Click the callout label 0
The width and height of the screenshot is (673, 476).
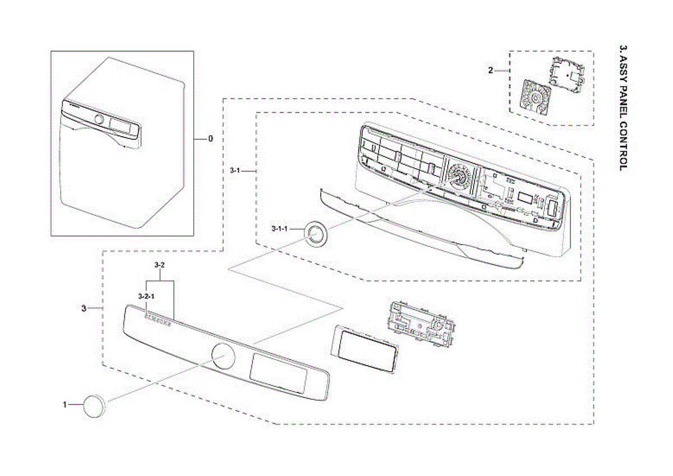(x=210, y=138)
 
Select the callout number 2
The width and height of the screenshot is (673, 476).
(x=490, y=71)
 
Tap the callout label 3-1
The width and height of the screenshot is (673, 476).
(x=235, y=169)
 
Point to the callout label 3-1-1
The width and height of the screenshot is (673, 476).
(x=279, y=229)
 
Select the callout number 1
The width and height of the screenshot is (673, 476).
(x=65, y=404)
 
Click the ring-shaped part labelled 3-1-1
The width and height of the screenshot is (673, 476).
(x=315, y=233)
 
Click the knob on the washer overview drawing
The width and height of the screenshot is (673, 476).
(x=99, y=119)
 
